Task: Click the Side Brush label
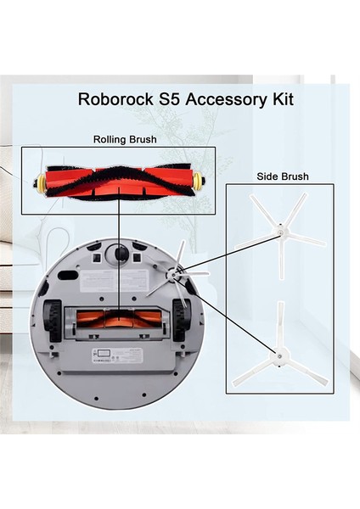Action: pos(282,177)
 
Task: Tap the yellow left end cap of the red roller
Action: pos(39,181)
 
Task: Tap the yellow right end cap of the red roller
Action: pos(199,181)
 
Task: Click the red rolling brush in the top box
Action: pos(119,181)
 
